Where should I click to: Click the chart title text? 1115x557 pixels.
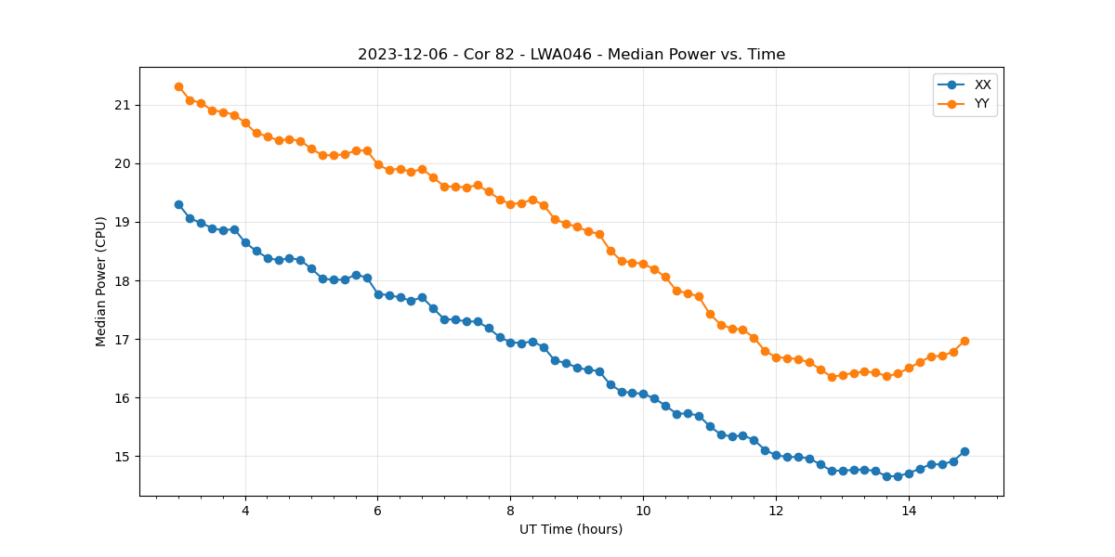pyautogui.click(x=571, y=55)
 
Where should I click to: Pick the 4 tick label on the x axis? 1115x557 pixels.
pyautogui.click(x=245, y=510)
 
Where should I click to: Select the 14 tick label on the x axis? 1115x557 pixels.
pyautogui.click(x=909, y=510)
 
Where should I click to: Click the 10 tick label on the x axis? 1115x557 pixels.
pyautogui.click(x=643, y=510)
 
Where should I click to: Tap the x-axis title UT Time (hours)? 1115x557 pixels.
pyautogui.click(x=571, y=529)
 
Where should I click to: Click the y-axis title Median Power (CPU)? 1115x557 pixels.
pyautogui.click(x=101, y=281)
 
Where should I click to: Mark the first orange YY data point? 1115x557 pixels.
pyautogui.click(x=178, y=86)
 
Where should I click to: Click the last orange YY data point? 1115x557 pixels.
pyautogui.click(x=964, y=341)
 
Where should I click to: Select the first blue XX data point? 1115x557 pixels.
pyautogui.click(x=178, y=204)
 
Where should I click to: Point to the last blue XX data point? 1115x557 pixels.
pyautogui.click(x=964, y=451)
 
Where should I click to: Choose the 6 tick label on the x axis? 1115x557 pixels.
pyautogui.click(x=378, y=510)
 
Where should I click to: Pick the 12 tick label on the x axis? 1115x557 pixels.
pyautogui.click(x=776, y=510)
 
